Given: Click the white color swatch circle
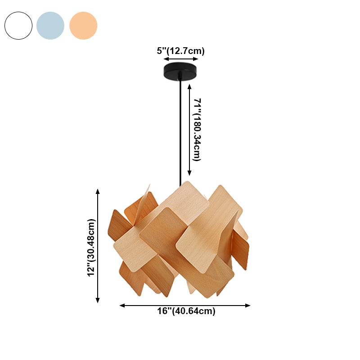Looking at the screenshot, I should coord(18,26).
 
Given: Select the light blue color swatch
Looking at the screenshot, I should coord(50,26).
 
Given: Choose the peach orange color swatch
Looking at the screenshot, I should coord(83,26).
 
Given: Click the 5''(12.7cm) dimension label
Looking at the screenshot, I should coord(180,51).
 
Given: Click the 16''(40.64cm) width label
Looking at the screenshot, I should coord(186,311).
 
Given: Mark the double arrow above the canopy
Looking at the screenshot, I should coord(181,59).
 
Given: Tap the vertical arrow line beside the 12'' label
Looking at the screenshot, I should coord(98,246).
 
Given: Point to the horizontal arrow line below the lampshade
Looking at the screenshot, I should coord(184,305).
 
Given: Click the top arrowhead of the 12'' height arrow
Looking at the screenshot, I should coord(98,191).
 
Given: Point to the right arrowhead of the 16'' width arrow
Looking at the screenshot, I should coord(248,305).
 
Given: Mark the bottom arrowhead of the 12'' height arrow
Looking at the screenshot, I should coord(98,301).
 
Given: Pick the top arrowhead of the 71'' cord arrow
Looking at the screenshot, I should coord(189,85).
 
